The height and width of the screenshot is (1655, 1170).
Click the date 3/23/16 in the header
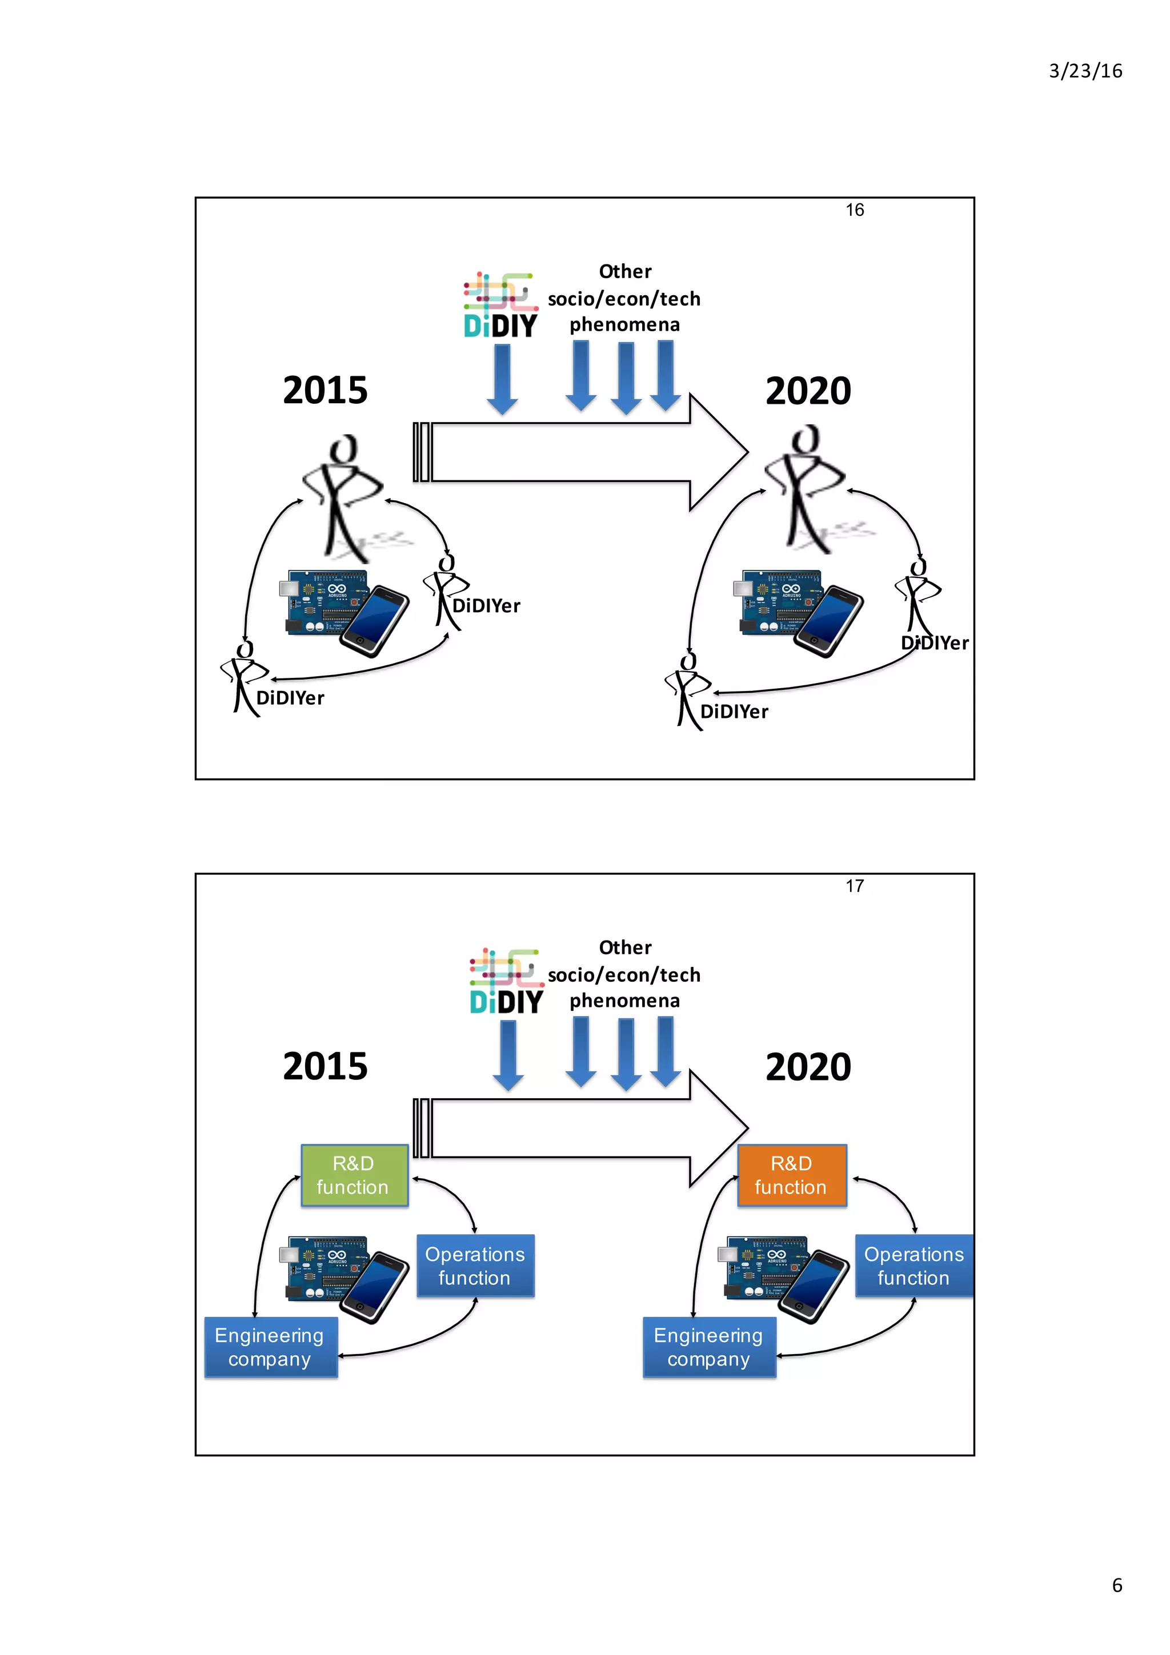pos(1084,71)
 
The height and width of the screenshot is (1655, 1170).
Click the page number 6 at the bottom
pos(1117,1585)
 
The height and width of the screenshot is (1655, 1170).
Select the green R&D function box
pos(354,1175)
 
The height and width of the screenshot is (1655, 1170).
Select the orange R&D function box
pos(792,1175)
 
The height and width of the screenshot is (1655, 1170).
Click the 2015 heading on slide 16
pos(325,390)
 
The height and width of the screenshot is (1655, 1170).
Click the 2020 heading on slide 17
pos(808,1066)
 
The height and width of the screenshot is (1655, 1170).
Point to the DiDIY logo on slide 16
pos(500,306)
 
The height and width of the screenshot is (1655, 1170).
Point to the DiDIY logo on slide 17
pos(506,982)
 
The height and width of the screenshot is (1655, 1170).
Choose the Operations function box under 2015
pos(475,1266)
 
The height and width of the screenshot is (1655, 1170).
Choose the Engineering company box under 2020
pos(708,1347)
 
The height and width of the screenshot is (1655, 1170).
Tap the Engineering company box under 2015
pos(270,1347)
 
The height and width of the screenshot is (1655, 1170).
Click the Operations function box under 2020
pos(913,1266)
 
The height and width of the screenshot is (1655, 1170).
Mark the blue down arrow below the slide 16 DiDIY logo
pos(503,379)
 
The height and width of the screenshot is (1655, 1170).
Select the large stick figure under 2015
pos(342,497)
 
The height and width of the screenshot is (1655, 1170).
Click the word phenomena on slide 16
pos(624,325)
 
